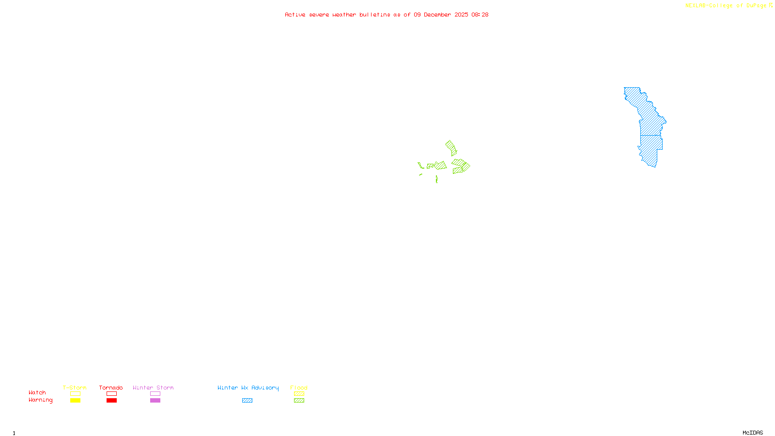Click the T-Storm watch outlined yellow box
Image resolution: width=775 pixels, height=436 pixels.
coord(75,394)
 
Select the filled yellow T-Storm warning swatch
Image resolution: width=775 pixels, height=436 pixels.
coord(75,401)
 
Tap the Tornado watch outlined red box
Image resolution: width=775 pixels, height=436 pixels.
coord(111,394)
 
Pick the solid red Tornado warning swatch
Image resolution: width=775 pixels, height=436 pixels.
coord(111,401)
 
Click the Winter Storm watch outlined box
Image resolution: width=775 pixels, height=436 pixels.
coord(155,394)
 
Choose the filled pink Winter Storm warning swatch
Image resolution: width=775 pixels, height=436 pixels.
coord(155,401)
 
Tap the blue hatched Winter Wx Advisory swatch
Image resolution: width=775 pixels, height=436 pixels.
coord(247,401)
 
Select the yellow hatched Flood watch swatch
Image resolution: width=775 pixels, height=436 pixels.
coord(299,394)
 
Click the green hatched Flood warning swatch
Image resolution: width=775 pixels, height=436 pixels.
coord(299,401)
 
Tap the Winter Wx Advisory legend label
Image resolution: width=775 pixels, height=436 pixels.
coord(248,388)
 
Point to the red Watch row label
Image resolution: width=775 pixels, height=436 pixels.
coord(37,393)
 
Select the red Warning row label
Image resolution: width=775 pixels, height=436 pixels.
coord(40,400)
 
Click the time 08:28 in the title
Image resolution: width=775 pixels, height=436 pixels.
coord(480,15)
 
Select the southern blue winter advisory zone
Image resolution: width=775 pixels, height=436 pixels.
coord(651,150)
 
